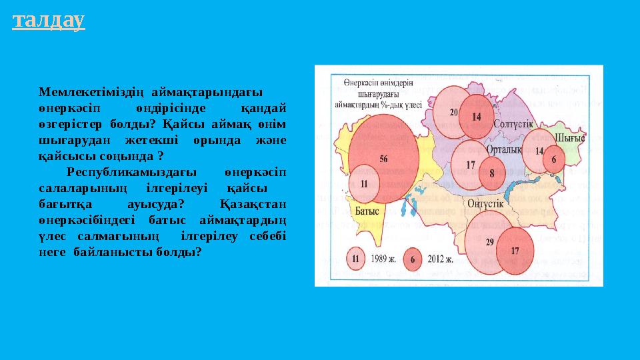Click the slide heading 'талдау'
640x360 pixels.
pos(49,21)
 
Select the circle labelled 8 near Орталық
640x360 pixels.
pos(492,173)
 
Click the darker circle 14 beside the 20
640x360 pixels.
pos(476,115)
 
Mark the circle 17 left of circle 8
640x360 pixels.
pos(471,164)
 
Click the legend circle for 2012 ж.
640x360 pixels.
pos(413,259)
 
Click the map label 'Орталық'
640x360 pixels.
pos(504,151)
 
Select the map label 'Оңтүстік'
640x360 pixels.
pos(485,203)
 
